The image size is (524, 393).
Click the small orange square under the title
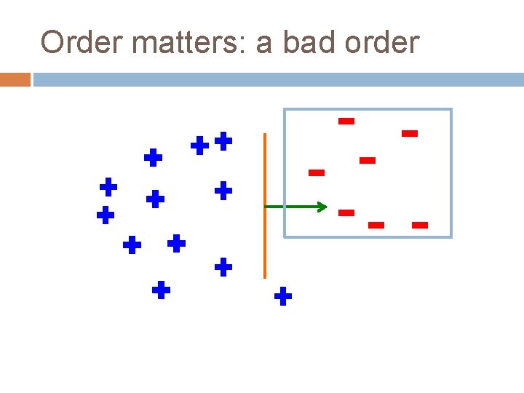tap(15, 79)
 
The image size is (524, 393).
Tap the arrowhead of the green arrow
tap(324, 207)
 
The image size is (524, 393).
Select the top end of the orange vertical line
tap(265, 135)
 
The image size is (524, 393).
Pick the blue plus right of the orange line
tap(283, 296)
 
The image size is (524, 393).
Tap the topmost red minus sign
tap(346, 121)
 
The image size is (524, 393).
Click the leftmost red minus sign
tap(316, 172)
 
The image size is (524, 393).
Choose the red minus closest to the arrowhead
tap(346, 213)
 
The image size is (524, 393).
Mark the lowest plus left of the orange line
tap(161, 291)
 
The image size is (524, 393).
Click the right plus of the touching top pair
tap(223, 140)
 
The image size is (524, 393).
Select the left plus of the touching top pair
tap(199, 146)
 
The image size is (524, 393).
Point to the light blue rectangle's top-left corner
tap(285, 110)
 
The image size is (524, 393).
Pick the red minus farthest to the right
tap(420, 225)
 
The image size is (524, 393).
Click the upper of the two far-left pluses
tap(108, 187)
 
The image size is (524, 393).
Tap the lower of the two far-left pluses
tap(106, 215)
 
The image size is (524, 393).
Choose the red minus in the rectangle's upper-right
tap(410, 133)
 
